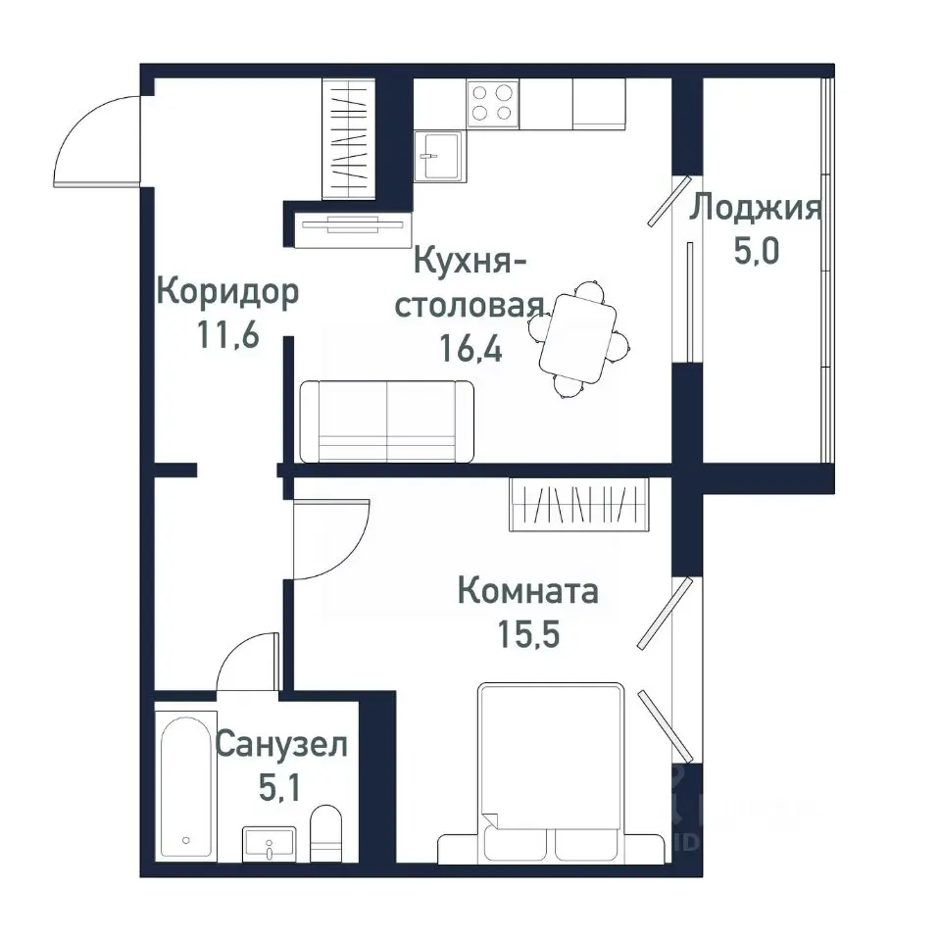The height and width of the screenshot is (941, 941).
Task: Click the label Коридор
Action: tap(227, 292)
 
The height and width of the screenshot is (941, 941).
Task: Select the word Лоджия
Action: tap(754, 209)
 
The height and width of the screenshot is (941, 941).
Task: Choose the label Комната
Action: tap(528, 592)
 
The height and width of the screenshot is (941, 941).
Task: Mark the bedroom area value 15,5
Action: tap(528, 634)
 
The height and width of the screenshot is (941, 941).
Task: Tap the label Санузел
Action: tap(280, 745)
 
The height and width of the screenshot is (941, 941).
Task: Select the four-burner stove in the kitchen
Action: tap(493, 103)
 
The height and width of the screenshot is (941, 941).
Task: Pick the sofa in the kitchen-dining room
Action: tap(387, 421)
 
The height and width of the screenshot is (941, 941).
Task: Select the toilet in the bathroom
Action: tap(325, 832)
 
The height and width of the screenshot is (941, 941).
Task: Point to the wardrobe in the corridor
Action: tap(349, 137)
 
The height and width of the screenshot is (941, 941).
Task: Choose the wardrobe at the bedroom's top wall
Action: tap(579, 504)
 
